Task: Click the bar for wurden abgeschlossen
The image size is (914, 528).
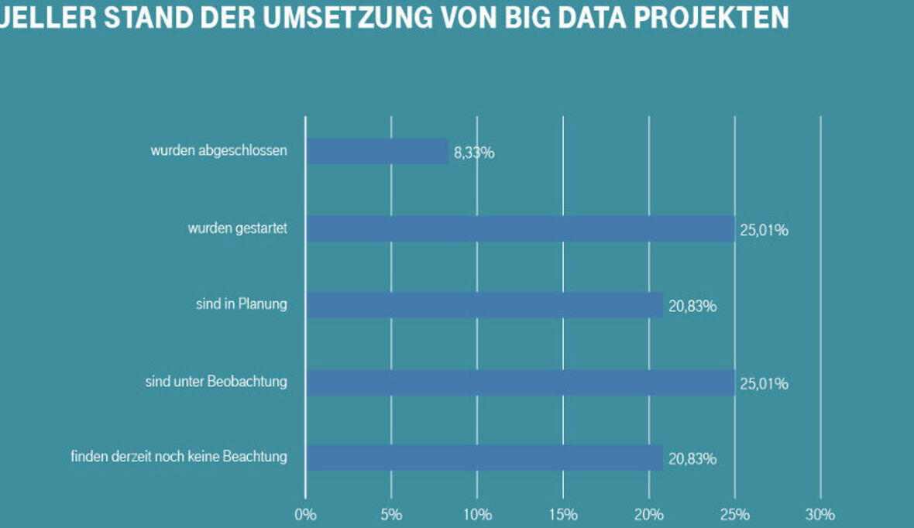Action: [377, 151]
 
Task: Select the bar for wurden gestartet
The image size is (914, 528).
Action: [520, 228]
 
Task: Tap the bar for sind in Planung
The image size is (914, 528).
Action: [484, 305]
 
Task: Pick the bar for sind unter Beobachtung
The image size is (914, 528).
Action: [520, 382]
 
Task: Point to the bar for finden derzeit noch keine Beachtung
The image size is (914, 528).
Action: [484, 458]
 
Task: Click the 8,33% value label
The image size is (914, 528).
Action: [474, 153]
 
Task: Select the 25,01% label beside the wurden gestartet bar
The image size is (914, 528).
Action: [764, 230]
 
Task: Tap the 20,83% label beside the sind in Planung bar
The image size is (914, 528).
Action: [692, 307]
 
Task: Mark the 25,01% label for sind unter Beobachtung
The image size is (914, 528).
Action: [764, 383]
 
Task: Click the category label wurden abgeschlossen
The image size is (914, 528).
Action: [218, 150]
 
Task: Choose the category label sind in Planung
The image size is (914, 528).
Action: [241, 304]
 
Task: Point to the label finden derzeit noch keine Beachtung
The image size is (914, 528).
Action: [178, 457]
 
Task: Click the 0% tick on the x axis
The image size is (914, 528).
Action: [305, 515]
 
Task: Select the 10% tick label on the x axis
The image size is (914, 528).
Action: [477, 515]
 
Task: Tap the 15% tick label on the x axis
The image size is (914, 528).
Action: [563, 515]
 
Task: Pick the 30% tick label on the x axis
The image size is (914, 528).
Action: [820, 515]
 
